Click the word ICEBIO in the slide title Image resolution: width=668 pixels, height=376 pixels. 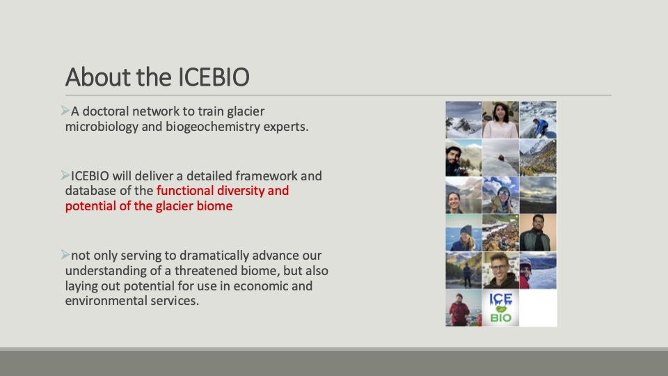[x=214, y=77]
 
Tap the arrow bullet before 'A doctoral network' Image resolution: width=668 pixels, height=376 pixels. [x=65, y=111]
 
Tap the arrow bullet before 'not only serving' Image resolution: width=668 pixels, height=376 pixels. [x=65, y=255]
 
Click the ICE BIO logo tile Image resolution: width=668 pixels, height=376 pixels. [x=500, y=308]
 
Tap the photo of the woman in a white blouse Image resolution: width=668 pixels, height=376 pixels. [x=500, y=120]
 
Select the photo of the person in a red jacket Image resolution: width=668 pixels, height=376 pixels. [x=463, y=308]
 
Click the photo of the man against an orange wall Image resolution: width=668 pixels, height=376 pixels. [x=538, y=233]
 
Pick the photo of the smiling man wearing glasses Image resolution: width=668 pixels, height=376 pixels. [x=500, y=270]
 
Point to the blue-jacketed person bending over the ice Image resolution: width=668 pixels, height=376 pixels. [x=538, y=120]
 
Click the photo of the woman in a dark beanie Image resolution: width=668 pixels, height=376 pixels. [x=463, y=233]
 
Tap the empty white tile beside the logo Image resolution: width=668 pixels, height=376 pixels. [x=538, y=308]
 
